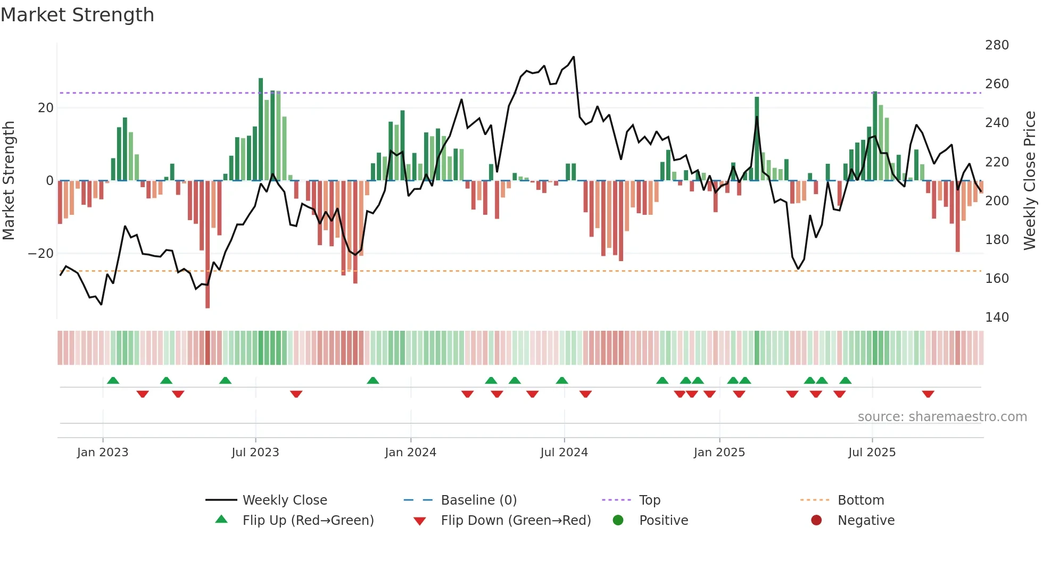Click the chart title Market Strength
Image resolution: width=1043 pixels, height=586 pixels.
click(x=77, y=15)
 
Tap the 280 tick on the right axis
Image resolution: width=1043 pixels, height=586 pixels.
click(x=996, y=45)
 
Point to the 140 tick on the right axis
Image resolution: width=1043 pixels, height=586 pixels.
click(x=996, y=317)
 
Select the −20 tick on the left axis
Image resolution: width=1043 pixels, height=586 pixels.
click(x=41, y=254)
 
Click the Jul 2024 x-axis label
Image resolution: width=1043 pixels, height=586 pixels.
click(x=564, y=453)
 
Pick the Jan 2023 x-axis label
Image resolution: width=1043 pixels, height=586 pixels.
click(x=102, y=453)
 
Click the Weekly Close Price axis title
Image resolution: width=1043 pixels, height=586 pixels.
click(x=1030, y=181)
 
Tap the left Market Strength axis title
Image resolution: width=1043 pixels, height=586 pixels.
click(x=9, y=181)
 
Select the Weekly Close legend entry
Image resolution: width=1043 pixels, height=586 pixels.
click(x=284, y=500)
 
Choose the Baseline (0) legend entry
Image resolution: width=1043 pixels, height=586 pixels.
click(x=478, y=500)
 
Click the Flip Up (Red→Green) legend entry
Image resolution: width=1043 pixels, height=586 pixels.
click(x=308, y=521)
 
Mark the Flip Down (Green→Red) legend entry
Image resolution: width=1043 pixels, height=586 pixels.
click(x=515, y=521)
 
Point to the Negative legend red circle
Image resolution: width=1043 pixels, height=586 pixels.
click(x=816, y=520)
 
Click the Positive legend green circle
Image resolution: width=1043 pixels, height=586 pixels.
click(x=618, y=520)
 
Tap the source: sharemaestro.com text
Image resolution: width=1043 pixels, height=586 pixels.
click(x=942, y=417)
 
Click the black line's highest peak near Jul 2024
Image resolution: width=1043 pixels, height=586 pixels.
click(x=574, y=57)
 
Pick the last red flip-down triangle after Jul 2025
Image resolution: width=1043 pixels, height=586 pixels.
click(x=928, y=394)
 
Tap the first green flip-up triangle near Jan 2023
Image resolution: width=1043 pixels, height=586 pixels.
click(x=113, y=380)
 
